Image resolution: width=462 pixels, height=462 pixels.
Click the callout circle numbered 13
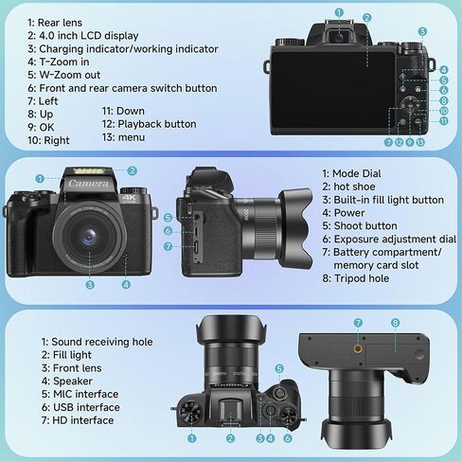(420, 142)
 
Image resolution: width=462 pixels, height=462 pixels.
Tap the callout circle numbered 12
(399, 142)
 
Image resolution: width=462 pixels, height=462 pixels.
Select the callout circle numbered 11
(444, 121)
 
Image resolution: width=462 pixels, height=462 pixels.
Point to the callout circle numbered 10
(444, 111)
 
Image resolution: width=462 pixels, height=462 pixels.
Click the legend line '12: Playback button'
(149, 124)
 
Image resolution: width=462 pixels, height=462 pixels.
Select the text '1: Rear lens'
(55, 23)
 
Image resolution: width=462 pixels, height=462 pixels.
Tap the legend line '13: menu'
(123, 137)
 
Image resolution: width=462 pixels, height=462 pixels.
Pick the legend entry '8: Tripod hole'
(355, 278)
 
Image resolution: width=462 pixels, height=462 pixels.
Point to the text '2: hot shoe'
(348, 187)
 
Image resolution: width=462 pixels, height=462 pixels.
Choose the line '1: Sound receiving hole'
(97, 342)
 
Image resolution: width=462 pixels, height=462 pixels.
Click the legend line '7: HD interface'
(78, 420)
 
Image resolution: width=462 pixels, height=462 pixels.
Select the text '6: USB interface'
(80, 407)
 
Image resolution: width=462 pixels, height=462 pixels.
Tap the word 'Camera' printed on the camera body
(88, 184)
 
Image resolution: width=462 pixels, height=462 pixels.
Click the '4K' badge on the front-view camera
(129, 198)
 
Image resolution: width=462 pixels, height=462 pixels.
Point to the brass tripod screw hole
(358, 348)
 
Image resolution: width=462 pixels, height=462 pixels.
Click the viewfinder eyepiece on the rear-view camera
(339, 37)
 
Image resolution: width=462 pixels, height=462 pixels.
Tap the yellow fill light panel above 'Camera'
(89, 171)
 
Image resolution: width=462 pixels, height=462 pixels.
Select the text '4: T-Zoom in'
(58, 62)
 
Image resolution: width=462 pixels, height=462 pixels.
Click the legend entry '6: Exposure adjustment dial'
(389, 240)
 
